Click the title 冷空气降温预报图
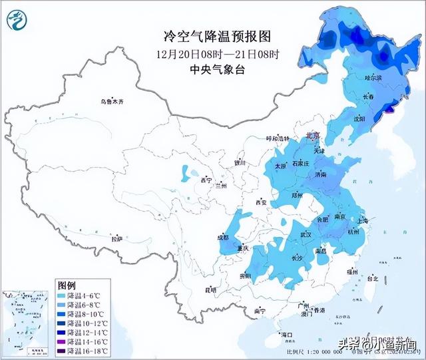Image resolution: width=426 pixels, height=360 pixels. click(213, 35)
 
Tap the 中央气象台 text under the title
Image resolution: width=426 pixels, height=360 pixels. click(213, 68)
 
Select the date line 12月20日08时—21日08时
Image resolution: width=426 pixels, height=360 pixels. click(213, 53)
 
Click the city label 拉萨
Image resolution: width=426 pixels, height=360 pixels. click(116, 238)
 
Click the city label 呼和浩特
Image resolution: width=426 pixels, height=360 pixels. click(278, 138)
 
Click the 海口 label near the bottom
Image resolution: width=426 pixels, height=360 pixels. click(288, 333)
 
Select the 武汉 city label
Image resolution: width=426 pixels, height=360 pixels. click(306, 234)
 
